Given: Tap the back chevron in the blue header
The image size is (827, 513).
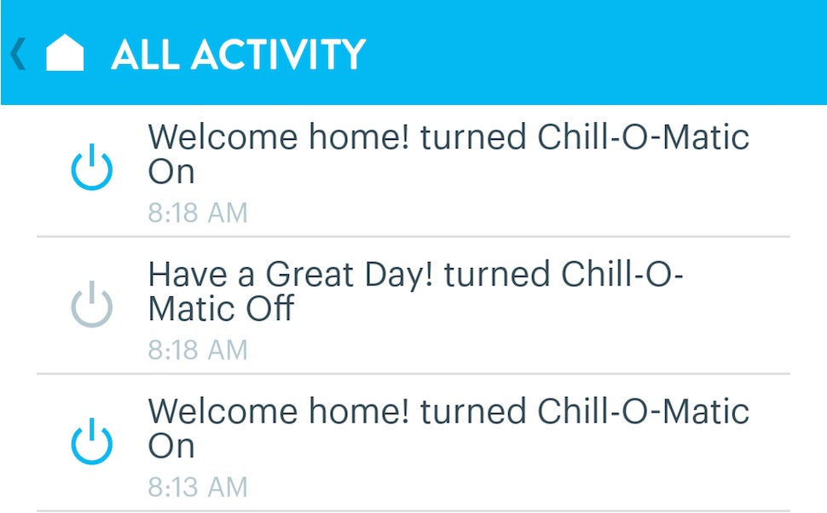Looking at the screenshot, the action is coord(18,53).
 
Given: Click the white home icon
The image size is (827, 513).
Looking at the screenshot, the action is coord(65,52).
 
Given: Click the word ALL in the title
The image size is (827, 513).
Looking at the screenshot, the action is coord(145,55).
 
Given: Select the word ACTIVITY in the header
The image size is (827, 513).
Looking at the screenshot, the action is coord(279,55).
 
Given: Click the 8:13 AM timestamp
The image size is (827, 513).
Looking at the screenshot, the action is coord(198,487).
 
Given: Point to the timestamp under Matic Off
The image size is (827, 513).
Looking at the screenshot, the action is coord(198,349).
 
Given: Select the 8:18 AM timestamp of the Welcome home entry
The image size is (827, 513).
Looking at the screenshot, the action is coord(198,213).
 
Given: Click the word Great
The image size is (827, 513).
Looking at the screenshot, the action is coord(309,275).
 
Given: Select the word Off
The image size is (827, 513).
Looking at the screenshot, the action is coord(269,308).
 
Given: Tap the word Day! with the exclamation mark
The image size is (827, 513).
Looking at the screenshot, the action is coord(399,275).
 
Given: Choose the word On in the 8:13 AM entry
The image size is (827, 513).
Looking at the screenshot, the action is coord(171,446).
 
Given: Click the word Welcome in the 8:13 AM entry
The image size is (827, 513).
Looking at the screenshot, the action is coord(223,411).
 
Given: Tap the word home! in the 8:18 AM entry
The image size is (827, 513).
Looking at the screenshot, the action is coord(359,137).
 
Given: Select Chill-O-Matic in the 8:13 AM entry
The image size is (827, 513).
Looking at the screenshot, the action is coord(643,411).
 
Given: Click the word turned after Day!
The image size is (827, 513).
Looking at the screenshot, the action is coord(497,275).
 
